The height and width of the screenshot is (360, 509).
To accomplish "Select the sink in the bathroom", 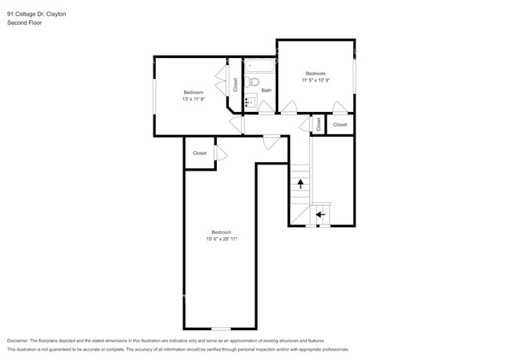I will pyautogui.click(x=251, y=101).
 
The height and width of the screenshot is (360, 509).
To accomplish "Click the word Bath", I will pyautogui.click(x=266, y=90).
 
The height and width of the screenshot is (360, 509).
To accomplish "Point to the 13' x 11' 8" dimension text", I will pyautogui.click(x=193, y=99).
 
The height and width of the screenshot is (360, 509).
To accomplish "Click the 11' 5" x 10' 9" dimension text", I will pyautogui.click(x=315, y=80).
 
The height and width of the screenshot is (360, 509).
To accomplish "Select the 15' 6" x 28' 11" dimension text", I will pyautogui.click(x=222, y=238).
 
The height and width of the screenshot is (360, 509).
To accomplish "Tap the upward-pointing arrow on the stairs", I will pyautogui.click(x=300, y=184).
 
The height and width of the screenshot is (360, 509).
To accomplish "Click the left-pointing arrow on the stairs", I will pyautogui.click(x=319, y=213).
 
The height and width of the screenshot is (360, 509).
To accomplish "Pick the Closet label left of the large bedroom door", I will pyautogui.click(x=200, y=153).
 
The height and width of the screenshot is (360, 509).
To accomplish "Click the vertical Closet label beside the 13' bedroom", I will pyautogui.click(x=236, y=85).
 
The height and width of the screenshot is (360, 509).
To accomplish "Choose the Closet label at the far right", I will pyautogui.click(x=340, y=124).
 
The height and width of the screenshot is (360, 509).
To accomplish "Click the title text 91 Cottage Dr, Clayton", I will pyautogui.click(x=37, y=13).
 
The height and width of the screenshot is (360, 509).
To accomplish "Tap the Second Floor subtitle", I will pyautogui.click(x=24, y=23).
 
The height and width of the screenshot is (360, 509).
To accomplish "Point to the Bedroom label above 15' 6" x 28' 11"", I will pyautogui.click(x=221, y=232).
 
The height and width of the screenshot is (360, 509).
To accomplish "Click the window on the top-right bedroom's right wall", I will pyautogui.click(x=355, y=75).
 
